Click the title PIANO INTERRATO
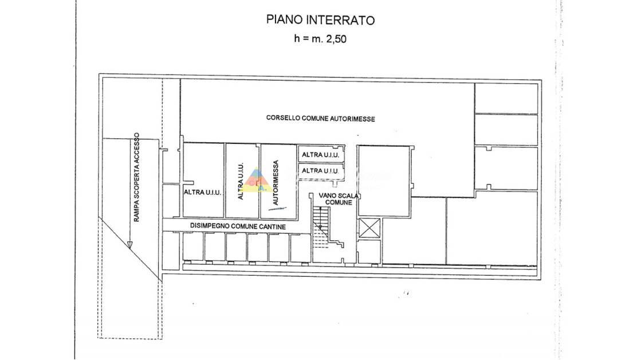320,20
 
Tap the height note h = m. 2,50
320,38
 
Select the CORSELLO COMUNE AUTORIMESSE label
321,118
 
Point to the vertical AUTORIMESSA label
276,182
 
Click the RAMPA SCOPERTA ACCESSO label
136,177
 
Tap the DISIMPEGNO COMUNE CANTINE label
238,226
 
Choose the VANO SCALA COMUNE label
339,199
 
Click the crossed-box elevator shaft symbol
369,228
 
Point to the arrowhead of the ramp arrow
129,245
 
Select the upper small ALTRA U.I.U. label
320,155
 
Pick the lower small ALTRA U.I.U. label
320,171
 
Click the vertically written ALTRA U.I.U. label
241,181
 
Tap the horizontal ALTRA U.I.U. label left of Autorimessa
202,192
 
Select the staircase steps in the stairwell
321,227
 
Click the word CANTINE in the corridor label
272,226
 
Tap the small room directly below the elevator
369,252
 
